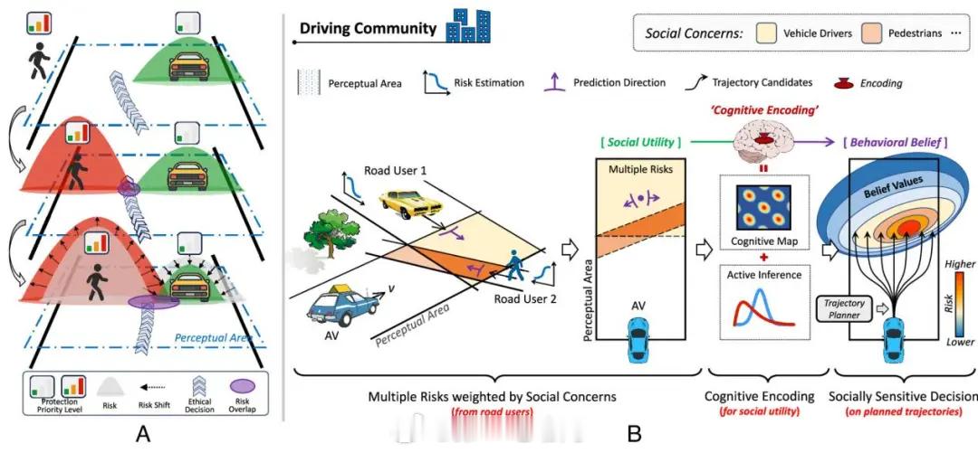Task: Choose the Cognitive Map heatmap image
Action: (757, 209)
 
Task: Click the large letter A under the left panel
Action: (142, 434)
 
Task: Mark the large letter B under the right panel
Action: (634, 434)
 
